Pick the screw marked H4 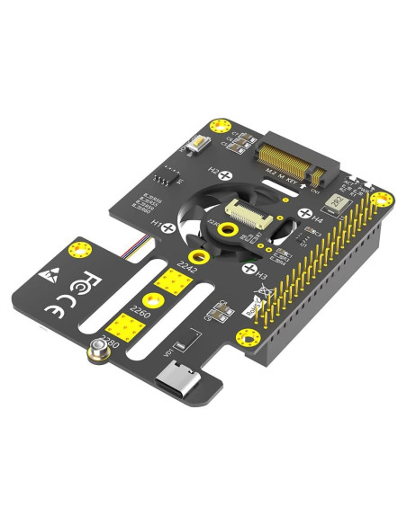click(305, 214)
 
